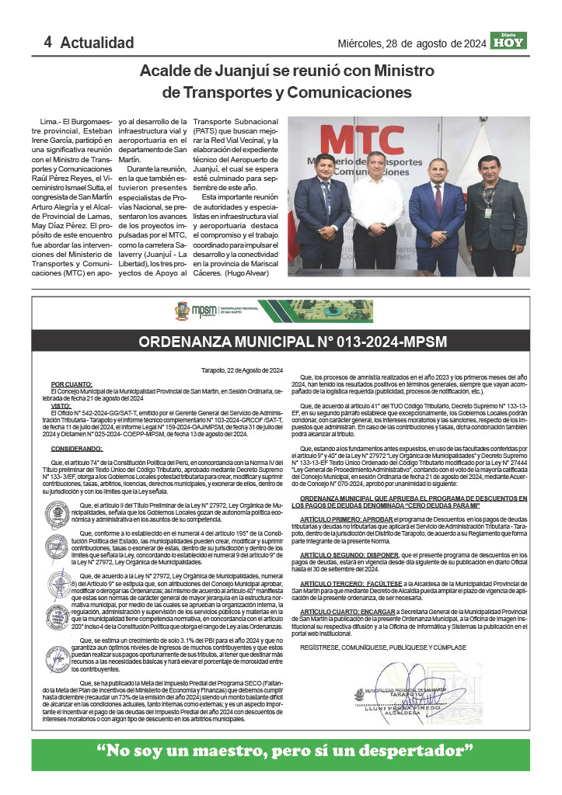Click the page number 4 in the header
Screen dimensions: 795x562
pos(47,42)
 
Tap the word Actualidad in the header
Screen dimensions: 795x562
pos(97,43)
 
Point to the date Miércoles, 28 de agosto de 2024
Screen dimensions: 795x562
pos(411,43)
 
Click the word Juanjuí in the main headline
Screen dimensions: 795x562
pos(253,71)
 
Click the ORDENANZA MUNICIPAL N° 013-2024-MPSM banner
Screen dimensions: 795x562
pos(281,342)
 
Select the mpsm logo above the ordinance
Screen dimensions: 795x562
pos(204,311)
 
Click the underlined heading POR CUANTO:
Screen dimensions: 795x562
pos(72,384)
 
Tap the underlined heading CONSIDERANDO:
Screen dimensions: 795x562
pos(76,449)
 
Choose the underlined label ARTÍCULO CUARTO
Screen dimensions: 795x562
pos(331,611)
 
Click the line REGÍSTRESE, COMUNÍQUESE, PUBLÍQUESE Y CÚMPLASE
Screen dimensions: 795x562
pos(382,647)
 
